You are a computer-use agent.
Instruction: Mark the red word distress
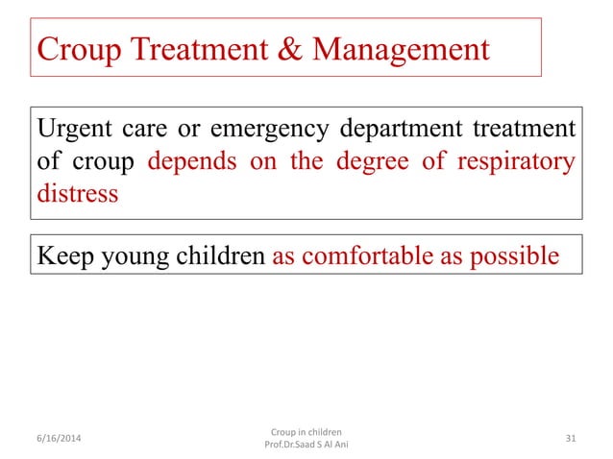77,193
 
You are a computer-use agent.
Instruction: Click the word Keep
63,256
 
